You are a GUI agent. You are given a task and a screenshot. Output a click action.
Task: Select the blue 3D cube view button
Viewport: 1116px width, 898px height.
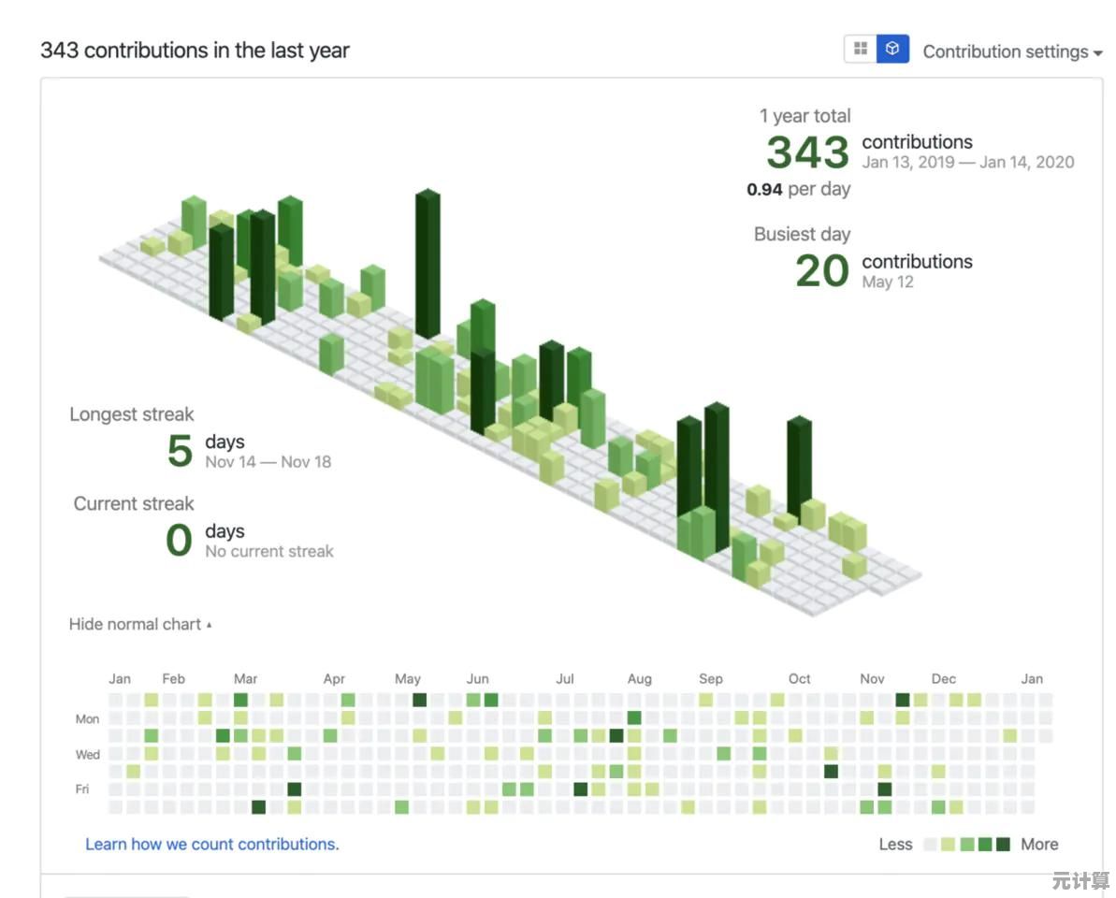click(892, 49)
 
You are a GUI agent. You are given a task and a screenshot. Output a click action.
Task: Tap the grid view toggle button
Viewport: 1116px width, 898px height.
click(861, 49)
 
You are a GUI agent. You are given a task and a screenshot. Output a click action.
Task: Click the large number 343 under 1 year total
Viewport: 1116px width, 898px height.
click(807, 152)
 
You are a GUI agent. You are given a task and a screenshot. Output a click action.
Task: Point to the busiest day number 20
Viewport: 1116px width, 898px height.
click(821, 271)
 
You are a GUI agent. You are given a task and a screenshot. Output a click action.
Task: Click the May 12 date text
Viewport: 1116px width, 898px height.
click(888, 282)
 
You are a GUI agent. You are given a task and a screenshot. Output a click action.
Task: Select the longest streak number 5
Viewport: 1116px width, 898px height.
click(180, 451)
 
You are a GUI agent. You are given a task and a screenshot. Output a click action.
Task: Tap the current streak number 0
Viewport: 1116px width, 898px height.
click(179, 541)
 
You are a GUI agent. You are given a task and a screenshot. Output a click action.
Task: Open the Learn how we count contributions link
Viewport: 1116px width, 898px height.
click(212, 844)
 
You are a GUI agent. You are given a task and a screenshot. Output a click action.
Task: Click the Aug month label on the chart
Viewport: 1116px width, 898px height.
click(640, 679)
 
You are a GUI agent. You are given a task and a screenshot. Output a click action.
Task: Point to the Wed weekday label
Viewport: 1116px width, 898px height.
click(88, 754)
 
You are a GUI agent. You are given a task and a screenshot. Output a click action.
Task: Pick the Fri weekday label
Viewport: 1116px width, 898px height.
click(82, 789)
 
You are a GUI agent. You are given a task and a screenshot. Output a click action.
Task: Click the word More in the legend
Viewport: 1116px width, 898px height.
click(1039, 844)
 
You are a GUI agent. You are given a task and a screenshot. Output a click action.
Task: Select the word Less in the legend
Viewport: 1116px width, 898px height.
click(895, 844)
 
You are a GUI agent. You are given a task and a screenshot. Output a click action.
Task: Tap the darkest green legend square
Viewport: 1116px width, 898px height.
click(1003, 845)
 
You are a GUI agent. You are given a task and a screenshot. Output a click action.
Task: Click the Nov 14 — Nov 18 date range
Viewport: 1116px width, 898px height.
click(268, 461)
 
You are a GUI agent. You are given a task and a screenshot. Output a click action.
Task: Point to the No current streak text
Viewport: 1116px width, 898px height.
click(269, 551)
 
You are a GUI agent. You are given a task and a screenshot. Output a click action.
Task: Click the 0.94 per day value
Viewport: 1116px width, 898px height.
click(798, 189)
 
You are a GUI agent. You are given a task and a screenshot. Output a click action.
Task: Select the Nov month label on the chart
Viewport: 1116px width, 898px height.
click(872, 679)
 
